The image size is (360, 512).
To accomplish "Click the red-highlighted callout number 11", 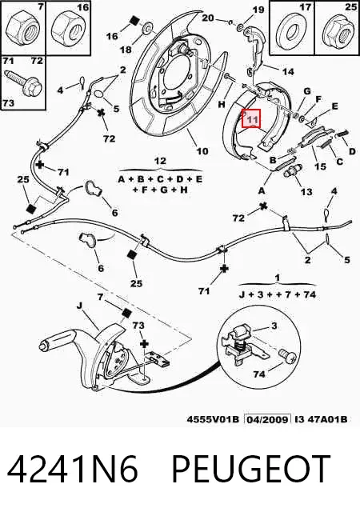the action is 252,119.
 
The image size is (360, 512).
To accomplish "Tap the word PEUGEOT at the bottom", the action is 250,470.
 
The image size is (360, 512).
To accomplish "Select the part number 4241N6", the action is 73,470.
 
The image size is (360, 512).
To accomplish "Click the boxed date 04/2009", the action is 267,419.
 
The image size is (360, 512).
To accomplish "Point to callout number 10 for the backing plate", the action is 202,151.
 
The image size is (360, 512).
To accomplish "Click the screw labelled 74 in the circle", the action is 287,355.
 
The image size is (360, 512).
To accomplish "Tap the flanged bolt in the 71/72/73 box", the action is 24,83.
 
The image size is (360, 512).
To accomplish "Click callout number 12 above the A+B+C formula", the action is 160,161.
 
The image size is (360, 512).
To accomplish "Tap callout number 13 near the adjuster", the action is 306,192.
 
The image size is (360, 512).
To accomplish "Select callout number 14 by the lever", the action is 288,71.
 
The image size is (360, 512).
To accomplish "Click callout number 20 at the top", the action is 208,18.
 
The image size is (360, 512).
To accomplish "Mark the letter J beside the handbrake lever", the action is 79,306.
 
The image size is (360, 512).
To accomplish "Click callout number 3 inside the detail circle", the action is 274,326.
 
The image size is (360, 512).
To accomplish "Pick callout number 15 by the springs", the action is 320,166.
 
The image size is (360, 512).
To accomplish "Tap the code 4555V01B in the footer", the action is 213,419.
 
